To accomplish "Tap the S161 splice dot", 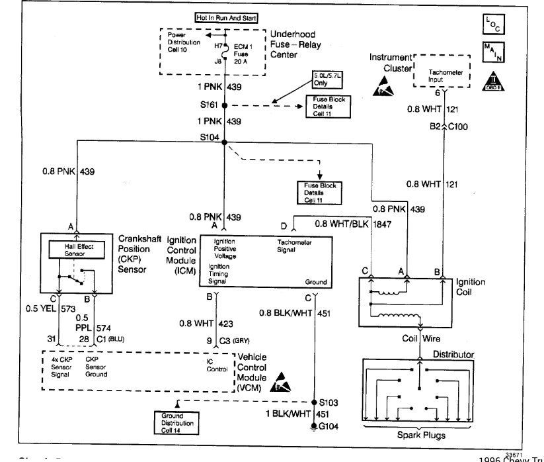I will [225, 105].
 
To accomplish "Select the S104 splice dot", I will [225, 142].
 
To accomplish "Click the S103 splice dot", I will [313, 402].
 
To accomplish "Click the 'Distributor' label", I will [453, 355].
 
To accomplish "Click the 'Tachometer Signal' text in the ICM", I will [295, 246].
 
